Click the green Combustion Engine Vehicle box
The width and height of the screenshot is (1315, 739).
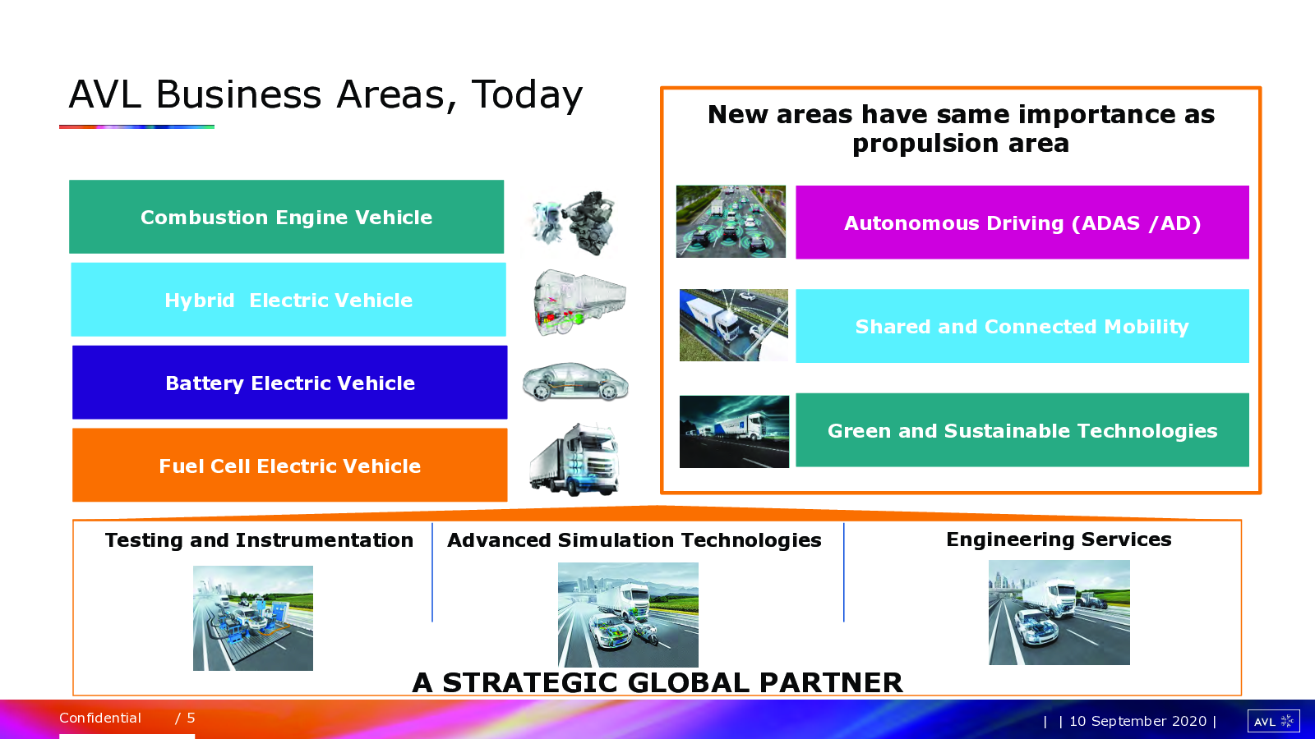point(287,217)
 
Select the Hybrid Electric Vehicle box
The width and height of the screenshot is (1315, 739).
point(288,300)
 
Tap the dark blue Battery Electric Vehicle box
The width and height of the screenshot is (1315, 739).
point(290,383)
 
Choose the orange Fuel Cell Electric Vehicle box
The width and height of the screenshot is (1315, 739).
point(290,465)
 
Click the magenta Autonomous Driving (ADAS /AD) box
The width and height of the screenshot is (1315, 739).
point(1022,223)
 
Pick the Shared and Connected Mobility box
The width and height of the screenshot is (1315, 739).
point(1022,326)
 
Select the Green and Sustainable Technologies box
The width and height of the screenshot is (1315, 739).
point(1022,430)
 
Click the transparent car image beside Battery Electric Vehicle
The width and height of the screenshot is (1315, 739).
point(575,382)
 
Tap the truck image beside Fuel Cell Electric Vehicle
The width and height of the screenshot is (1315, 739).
point(574,459)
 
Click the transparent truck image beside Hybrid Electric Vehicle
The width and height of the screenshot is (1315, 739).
point(579,302)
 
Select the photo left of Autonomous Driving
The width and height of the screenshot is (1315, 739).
point(731,222)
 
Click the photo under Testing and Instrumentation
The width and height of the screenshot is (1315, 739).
point(253,618)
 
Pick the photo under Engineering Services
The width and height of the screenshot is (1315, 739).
point(1059,613)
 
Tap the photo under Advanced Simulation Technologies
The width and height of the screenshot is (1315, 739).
point(628,615)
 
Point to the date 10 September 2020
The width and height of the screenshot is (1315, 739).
point(1137,721)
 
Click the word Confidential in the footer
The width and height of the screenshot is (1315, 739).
point(100,718)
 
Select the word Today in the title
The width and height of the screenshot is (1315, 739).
point(527,95)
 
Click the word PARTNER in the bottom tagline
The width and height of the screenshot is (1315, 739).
point(831,682)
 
